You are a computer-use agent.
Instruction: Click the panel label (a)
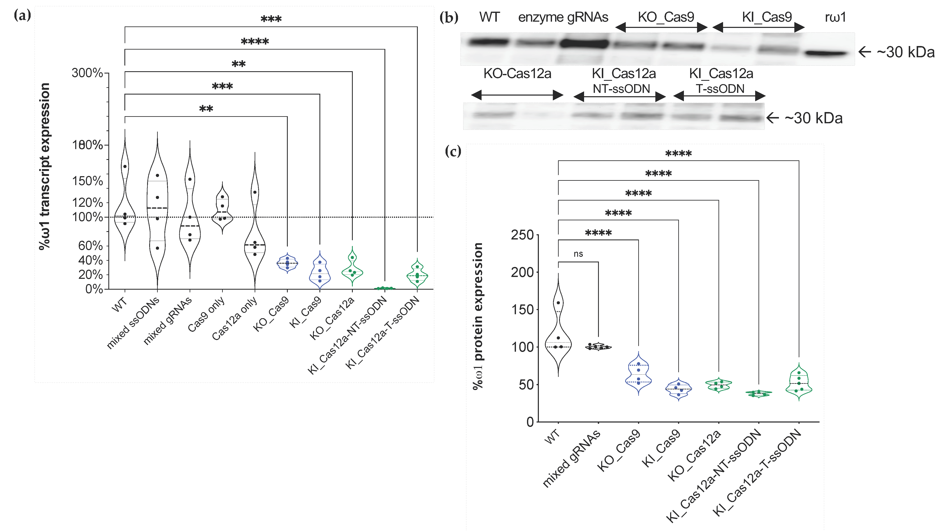22,15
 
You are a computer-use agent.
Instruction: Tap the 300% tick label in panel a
87,73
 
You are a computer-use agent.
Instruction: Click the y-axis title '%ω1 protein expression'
478,316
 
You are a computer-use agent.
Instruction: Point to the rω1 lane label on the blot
835,17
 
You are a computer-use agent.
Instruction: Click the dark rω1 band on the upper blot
825,54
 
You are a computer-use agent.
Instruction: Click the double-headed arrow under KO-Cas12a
517,95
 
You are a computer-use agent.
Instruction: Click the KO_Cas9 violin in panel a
287,263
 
